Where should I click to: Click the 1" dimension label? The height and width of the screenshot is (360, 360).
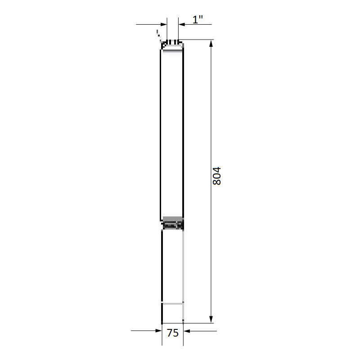[x=198, y=19]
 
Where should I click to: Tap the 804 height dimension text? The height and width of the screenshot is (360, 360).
[x=217, y=176]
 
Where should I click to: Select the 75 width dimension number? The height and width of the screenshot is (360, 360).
[x=173, y=333]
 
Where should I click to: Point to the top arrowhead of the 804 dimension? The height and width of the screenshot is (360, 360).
[x=211, y=44]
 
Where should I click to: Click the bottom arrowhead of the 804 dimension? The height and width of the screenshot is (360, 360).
[x=211, y=319]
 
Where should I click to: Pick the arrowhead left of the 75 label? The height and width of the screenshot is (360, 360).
[x=159, y=331]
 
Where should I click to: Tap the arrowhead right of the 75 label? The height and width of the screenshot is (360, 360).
[x=187, y=331]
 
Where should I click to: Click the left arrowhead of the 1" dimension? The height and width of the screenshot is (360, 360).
[x=164, y=24]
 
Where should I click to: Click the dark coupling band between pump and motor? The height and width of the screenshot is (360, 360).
[x=172, y=225]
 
